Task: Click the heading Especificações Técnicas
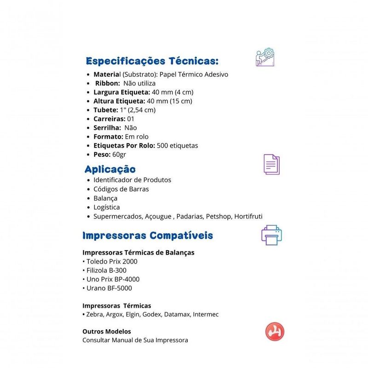pyautogui.click(x=152, y=61)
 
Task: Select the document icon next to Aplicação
pyautogui.click(x=271, y=164)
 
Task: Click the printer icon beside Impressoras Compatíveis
pyautogui.click(x=271, y=235)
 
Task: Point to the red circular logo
pyautogui.click(x=275, y=332)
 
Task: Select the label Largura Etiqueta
pyautogui.click(x=121, y=92)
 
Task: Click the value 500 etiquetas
pyautogui.click(x=178, y=145)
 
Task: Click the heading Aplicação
pyautogui.click(x=110, y=169)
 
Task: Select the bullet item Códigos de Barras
pyautogui.click(x=121, y=189)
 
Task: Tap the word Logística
pyautogui.click(x=106, y=207)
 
